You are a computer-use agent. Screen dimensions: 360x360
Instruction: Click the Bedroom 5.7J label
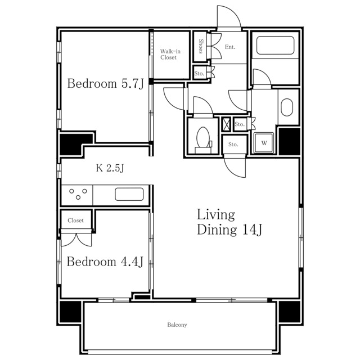(x=105, y=84)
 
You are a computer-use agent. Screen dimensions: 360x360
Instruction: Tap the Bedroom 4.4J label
(x=105, y=262)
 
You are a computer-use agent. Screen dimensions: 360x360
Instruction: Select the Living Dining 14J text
(x=229, y=222)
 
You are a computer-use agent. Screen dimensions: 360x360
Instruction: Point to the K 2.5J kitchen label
(x=110, y=168)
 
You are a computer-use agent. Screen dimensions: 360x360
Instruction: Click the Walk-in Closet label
(x=170, y=55)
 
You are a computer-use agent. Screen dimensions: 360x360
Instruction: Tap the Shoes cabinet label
(x=201, y=46)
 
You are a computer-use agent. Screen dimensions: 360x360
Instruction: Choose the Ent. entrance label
(x=230, y=47)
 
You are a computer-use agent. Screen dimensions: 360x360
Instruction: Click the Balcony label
(x=177, y=325)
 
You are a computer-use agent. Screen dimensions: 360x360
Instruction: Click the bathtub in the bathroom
(x=275, y=45)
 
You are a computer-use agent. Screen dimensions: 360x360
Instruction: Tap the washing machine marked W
(x=264, y=143)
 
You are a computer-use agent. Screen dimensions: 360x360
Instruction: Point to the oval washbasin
(x=287, y=107)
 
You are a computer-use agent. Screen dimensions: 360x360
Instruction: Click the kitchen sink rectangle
(x=129, y=194)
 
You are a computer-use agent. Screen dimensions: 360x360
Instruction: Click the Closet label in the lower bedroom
(x=75, y=220)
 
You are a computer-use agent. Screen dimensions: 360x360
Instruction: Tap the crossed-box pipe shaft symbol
(x=226, y=124)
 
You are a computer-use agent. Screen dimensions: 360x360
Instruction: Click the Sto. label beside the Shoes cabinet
(x=199, y=74)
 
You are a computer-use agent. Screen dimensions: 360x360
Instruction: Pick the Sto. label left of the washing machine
(x=233, y=145)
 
